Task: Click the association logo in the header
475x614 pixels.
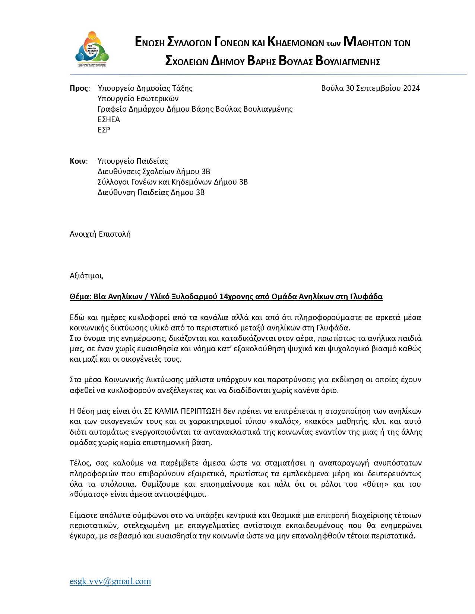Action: point(92,49)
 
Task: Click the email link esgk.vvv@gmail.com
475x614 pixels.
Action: point(110,581)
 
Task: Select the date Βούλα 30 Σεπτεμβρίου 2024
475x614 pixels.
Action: point(370,88)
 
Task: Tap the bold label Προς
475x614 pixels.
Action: point(79,88)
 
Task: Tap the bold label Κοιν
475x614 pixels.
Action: point(78,161)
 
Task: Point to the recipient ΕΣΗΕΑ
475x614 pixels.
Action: point(109,119)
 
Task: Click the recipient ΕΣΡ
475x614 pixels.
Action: point(104,130)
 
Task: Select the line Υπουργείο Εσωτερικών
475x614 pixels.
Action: point(138,99)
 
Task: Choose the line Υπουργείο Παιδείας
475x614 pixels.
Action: point(133,161)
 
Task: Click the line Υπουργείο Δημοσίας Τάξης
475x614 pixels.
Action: point(145,88)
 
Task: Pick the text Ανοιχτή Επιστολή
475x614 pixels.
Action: point(100,234)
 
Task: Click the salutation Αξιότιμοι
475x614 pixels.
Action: point(86,276)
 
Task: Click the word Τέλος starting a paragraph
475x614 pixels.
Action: point(80,463)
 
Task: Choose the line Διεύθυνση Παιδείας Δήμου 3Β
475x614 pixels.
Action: point(151,192)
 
